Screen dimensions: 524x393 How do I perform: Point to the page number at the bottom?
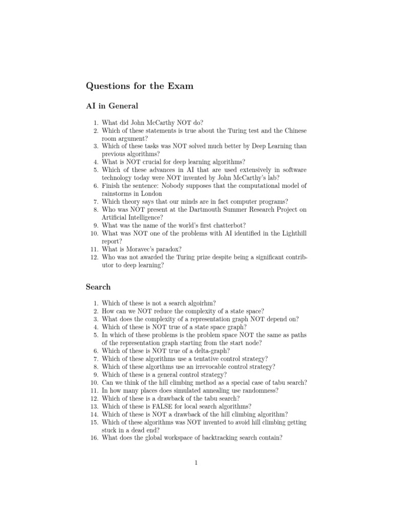[x=196, y=463]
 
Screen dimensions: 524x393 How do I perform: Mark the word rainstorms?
[x=118, y=193]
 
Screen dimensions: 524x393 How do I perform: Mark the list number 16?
[x=94, y=438]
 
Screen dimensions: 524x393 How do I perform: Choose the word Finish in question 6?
[x=112, y=185]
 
